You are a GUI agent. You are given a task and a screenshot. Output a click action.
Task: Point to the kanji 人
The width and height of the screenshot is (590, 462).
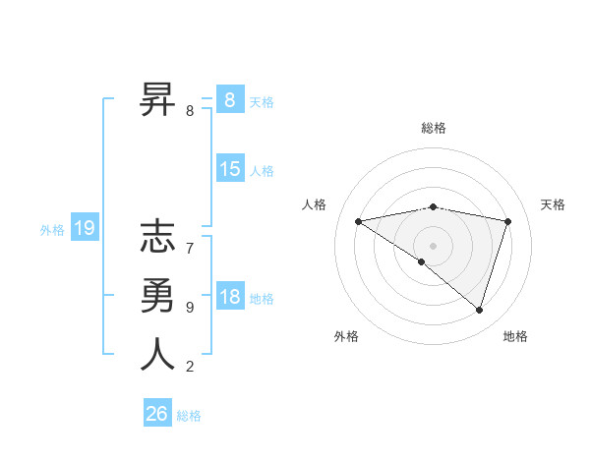tap(157, 354)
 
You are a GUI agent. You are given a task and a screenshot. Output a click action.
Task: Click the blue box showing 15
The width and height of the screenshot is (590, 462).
tap(229, 169)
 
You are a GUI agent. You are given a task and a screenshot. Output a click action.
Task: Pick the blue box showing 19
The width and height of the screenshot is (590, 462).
tap(84, 229)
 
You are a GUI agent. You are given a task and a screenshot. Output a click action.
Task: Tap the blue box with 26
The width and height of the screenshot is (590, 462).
tap(156, 414)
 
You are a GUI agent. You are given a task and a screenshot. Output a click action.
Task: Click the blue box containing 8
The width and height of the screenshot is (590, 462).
tap(229, 99)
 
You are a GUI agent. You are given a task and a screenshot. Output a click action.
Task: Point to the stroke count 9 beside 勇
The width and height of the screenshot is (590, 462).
tap(189, 308)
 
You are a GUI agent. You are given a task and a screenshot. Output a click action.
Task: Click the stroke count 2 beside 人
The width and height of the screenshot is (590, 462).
tap(189, 367)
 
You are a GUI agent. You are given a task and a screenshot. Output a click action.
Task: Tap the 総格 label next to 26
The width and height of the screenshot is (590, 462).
tap(189, 416)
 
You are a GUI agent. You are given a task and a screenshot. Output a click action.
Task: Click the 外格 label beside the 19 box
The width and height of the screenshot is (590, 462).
tap(52, 230)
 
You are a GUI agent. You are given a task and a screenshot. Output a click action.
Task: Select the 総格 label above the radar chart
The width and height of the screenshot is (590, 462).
tap(433, 128)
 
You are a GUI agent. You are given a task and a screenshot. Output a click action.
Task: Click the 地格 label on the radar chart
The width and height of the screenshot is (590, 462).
tap(515, 336)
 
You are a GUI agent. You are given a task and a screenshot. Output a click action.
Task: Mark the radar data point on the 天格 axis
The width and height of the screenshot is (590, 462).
tap(507, 221)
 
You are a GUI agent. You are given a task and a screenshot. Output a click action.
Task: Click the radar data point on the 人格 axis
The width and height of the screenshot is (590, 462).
tap(358, 221)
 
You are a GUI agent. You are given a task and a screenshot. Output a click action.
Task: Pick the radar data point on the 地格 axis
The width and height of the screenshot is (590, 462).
tap(479, 310)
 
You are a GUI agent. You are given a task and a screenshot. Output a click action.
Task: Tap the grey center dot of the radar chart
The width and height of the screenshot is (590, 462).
tap(433, 245)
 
